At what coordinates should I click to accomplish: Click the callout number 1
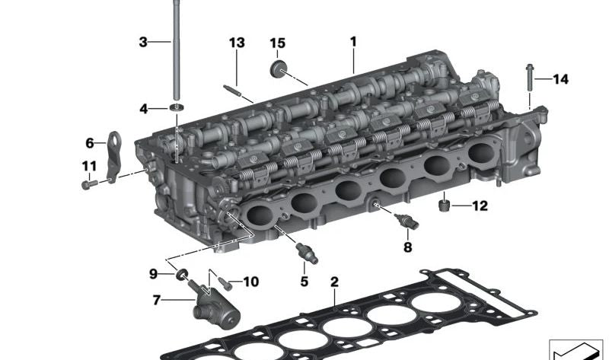[353, 42]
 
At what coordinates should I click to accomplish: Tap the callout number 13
[237, 43]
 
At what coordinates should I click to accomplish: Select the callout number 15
[277, 43]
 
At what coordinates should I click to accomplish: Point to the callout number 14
[560, 79]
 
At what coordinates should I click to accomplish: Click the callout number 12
[480, 205]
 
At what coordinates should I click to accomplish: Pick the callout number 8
[407, 247]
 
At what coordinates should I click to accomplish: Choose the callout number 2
[334, 282]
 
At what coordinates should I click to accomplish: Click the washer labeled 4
[177, 107]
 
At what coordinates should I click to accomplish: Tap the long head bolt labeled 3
[177, 50]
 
